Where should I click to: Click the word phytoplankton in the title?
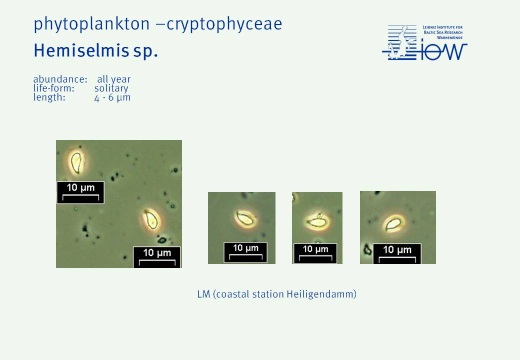pyautogui.click(x=91, y=24)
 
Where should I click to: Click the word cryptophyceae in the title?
pyautogui.click(x=224, y=24)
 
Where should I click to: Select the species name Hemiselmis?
pyautogui.click(x=81, y=50)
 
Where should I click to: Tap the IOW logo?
pyautogui.click(x=424, y=43)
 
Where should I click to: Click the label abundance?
pyautogui.click(x=60, y=79)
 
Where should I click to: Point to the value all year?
pyautogui.click(x=114, y=79)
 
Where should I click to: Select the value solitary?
pyautogui.click(x=111, y=88)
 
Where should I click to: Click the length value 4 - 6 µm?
pyautogui.click(x=112, y=98)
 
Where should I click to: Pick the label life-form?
pyautogui.click(x=53, y=88)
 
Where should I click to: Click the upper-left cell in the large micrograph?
pyautogui.click(x=76, y=162)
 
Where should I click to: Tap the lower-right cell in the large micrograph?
pyautogui.click(x=152, y=220)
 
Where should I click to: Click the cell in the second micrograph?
pyautogui.click(x=246, y=219)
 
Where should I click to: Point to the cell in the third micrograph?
pyautogui.click(x=317, y=221)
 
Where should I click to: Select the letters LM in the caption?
pyautogui.click(x=203, y=294)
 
